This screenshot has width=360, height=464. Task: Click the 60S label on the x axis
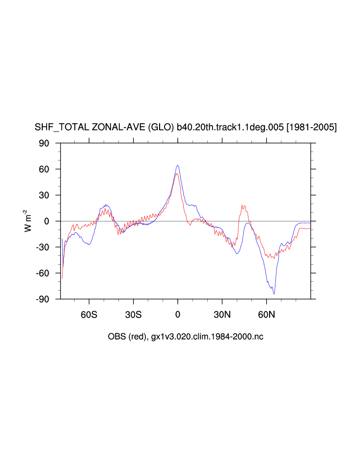[89, 314]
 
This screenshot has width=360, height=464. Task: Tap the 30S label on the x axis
[133, 314]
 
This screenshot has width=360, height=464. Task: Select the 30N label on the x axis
[222, 314]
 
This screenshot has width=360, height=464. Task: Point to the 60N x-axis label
[266, 314]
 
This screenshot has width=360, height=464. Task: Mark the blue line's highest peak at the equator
[178, 165]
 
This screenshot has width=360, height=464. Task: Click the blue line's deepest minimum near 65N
[274, 294]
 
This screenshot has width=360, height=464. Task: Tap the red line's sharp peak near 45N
[242, 206]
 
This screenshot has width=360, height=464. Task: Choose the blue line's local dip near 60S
[88, 244]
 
